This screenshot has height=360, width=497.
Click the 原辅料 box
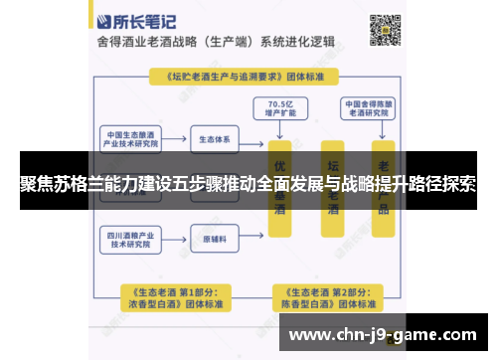pyautogui.click(x=219, y=239)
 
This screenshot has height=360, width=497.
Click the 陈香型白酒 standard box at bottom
pyautogui.click(x=326, y=297)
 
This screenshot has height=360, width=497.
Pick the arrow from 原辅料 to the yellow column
pyautogui.click(x=254, y=239)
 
